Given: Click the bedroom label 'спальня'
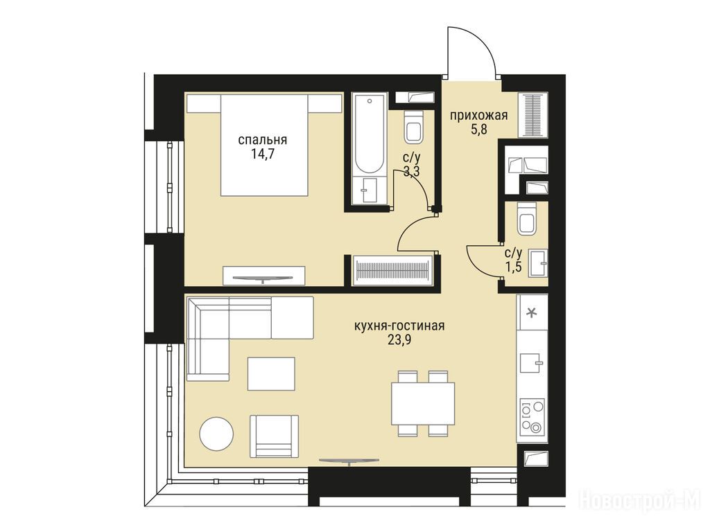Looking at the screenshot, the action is click(263, 141).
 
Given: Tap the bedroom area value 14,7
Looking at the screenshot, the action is click(263, 155).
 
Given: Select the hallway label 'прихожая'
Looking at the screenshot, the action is click(478, 116).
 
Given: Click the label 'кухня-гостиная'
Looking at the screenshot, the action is click(399, 326).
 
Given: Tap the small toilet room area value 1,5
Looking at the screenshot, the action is click(514, 267).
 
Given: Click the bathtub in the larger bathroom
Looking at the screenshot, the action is click(370, 148).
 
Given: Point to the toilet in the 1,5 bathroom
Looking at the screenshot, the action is click(528, 219).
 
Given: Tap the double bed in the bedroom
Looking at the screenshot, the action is click(264, 145).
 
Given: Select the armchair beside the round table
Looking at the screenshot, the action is click(275, 436).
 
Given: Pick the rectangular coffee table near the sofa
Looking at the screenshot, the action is click(271, 373).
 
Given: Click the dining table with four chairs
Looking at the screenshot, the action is click(423, 404).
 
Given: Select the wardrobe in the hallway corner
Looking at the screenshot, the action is click(533, 115).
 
